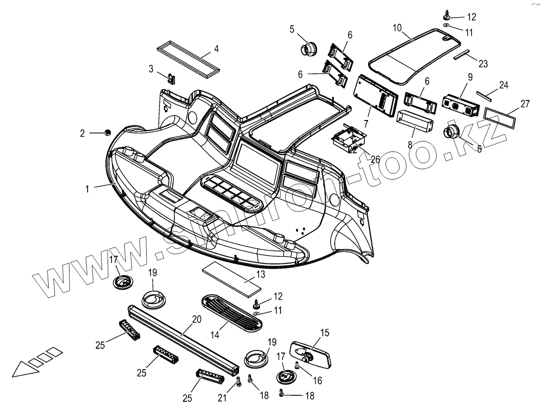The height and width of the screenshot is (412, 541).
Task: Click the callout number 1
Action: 87,189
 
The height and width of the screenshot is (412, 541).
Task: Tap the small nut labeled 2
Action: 108,132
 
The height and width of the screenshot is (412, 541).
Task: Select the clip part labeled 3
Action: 171,77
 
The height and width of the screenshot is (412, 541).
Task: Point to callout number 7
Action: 366,123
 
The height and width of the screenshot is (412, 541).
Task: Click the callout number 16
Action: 317,380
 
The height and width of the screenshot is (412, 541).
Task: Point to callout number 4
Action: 216,49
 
